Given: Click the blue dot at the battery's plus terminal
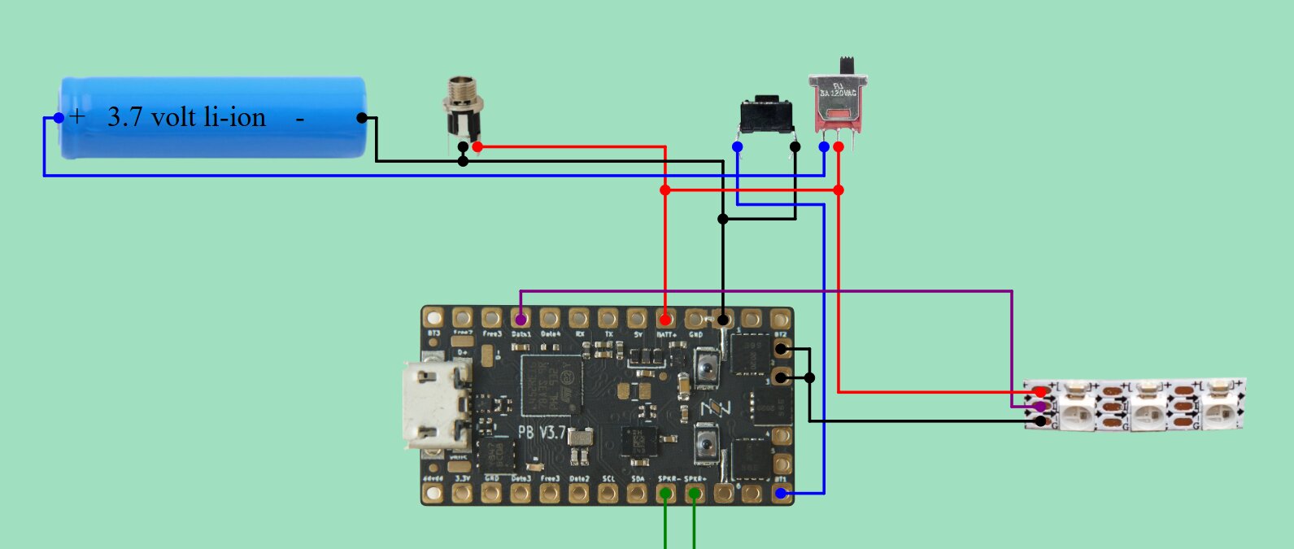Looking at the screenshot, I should pyautogui.click(x=59, y=118).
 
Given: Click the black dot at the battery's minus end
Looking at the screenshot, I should pyautogui.click(x=362, y=118).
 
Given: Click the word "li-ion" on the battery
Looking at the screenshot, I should pyautogui.click(x=235, y=117).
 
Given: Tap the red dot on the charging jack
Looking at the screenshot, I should pyautogui.click(x=477, y=146).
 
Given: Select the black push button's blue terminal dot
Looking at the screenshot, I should pyautogui.click(x=737, y=146).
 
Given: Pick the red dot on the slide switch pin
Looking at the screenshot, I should pyautogui.click(x=839, y=146).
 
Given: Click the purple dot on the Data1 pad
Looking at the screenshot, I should pyautogui.click(x=521, y=320).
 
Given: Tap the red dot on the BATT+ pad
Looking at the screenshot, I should pyautogui.click(x=665, y=320).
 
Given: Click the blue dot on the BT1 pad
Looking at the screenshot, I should pyautogui.click(x=781, y=493).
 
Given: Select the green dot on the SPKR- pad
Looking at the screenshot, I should pyautogui.click(x=666, y=493).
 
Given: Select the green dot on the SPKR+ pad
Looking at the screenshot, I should pyautogui.click(x=695, y=493).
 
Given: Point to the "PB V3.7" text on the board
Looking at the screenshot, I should pyautogui.click(x=542, y=431).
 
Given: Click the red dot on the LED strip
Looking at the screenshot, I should pyautogui.click(x=1039, y=392).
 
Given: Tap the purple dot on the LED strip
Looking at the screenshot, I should pyautogui.click(x=1039, y=407).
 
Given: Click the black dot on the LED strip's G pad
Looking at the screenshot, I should pyautogui.click(x=1040, y=421).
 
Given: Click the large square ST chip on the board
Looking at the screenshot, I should pyautogui.click(x=551, y=382).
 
